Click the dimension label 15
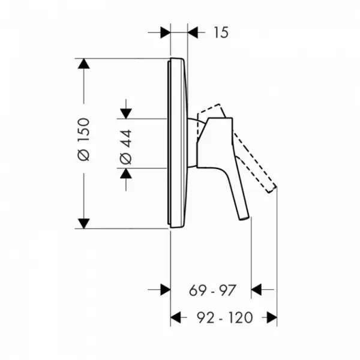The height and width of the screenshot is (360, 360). [x=221, y=32]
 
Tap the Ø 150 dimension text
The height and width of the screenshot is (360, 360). [x=83, y=139]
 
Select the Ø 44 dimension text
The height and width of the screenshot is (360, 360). [x=126, y=147]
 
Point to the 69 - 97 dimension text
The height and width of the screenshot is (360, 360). [x=212, y=290]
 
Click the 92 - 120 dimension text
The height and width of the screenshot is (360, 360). [x=225, y=318]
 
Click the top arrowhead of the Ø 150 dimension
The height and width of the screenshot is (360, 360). [x=83, y=64]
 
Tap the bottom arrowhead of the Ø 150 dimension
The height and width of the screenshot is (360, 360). [x=83, y=224]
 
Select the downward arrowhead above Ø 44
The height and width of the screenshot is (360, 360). [x=126, y=113]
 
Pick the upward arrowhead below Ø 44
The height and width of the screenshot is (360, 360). [x=126, y=173]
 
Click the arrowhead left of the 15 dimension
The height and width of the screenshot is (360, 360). [x=166, y=32]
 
